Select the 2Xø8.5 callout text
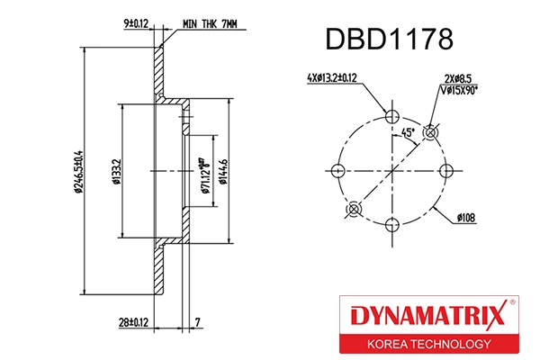(x=458, y=78)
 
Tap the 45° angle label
(x=407, y=132)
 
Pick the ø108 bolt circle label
(x=469, y=217)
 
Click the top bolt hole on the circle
(x=391, y=117)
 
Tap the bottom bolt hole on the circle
(x=391, y=225)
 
